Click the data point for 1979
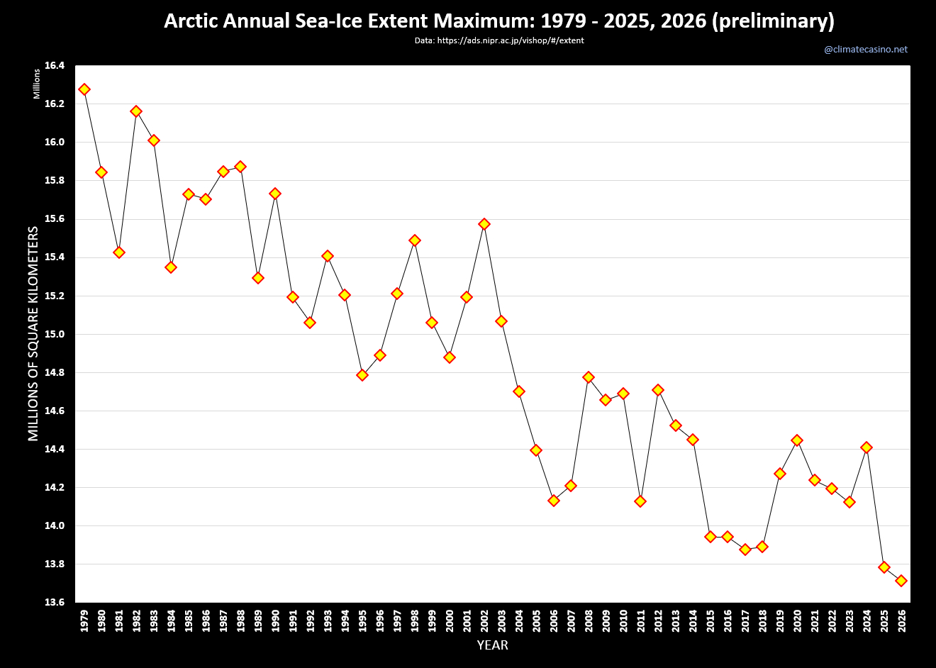pyautogui.click(x=84, y=89)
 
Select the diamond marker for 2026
pyautogui.click(x=901, y=581)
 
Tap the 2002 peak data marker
pyautogui.click(x=484, y=224)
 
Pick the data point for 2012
pyautogui.click(x=658, y=390)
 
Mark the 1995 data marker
pyautogui.click(x=362, y=375)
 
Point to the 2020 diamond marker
pyautogui.click(x=797, y=440)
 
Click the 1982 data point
pyautogui.click(x=136, y=111)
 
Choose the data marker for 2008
pyautogui.click(x=589, y=377)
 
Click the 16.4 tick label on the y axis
pyautogui.click(x=55, y=66)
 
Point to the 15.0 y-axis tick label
pyautogui.click(x=55, y=334)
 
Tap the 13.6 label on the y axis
pyautogui.click(x=55, y=603)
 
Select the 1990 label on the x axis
pyautogui.click(x=276, y=620)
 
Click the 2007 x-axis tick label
pyautogui.click(x=572, y=620)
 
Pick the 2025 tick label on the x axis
pyautogui.click(x=884, y=620)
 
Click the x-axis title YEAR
pyautogui.click(x=492, y=645)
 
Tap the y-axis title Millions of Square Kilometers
pyautogui.click(x=33, y=333)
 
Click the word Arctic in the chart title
pyautogui.click(x=191, y=21)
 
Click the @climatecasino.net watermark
pyautogui.click(x=866, y=50)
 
